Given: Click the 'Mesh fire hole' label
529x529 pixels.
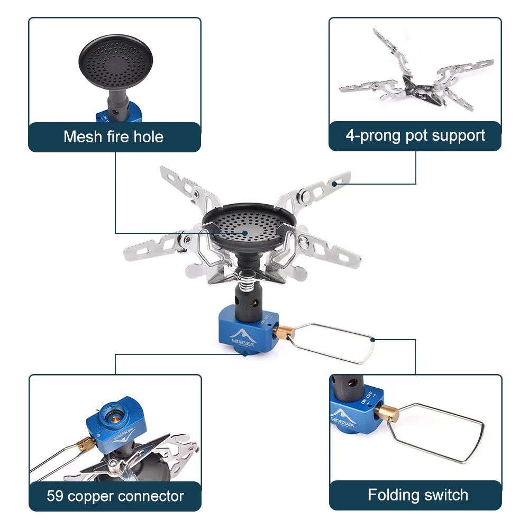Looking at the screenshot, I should pos(113,136).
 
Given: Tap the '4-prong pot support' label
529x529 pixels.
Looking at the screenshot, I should pos(415,135).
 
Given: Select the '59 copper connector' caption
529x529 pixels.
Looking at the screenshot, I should pos(115,496).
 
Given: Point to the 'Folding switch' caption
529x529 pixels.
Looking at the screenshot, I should pos(418,495).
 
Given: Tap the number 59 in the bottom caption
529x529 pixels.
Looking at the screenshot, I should pos(54,496).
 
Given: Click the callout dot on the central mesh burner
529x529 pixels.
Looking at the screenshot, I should pos(245,232).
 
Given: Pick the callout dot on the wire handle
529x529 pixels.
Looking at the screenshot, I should pos(373,340).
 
